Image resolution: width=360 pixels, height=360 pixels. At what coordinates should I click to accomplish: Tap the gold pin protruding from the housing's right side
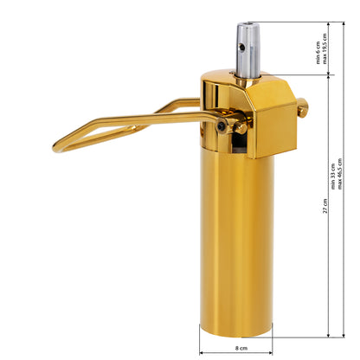(301, 107)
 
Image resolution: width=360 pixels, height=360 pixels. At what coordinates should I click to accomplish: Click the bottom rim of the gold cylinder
(235, 332)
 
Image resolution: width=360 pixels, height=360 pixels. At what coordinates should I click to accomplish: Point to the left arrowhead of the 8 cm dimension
(202, 352)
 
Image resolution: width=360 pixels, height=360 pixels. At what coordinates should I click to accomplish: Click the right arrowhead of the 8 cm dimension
(271, 352)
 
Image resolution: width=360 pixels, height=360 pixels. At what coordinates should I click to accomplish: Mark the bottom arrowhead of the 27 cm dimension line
(330, 334)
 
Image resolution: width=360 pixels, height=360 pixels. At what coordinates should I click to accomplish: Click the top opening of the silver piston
(247, 27)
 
